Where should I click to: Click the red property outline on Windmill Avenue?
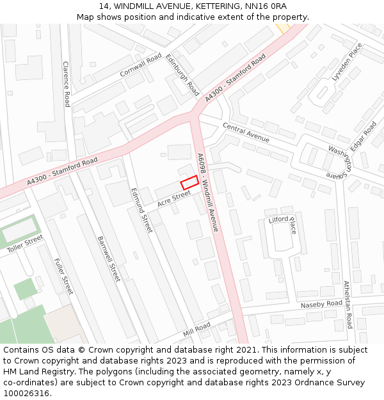click(x=189, y=182)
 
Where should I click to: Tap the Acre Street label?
click(x=174, y=198)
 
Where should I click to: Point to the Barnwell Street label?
click(x=108, y=259)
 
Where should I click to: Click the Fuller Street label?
click(x=64, y=276)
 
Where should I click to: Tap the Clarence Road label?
click(x=66, y=84)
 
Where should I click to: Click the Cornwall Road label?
click(x=141, y=66)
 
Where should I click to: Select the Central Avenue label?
click(x=246, y=133)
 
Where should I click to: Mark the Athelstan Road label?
click(x=348, y=304)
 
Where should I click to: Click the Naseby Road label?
click(x=321, y=304)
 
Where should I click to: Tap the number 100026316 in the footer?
click(x=26, y=393)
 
